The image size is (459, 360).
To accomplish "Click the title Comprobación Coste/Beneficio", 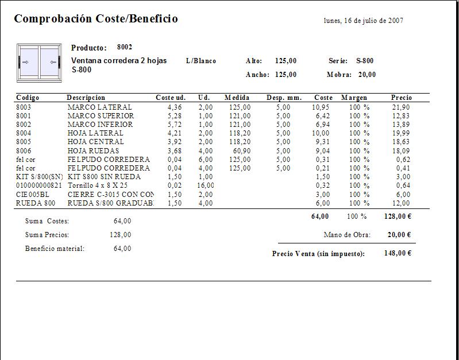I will pos(96,19).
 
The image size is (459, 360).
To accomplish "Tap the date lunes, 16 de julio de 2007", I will pos(363,21).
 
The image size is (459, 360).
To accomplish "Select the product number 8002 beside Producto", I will pos(125,47).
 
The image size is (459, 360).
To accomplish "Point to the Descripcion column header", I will pos(86,98).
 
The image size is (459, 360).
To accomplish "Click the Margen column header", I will pos(354,98).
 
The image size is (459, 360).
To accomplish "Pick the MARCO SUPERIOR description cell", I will pos(101,116).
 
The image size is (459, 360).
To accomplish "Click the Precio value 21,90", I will pos(400,107).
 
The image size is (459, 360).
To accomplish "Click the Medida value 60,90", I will pos(241,150).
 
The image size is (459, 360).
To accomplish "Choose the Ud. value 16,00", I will pos(205,185).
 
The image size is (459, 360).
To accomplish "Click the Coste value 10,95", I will pos(321,107).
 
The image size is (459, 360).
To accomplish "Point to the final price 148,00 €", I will pos(398,253).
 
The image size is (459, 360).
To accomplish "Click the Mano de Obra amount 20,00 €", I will pos(399,234).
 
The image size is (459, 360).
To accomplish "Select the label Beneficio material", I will pos(55,249).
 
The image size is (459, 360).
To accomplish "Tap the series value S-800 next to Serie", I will pos(365,61).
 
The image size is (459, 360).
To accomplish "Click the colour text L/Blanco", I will pos(201,61).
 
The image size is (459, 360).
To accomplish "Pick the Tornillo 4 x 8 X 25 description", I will pos(98,185).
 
